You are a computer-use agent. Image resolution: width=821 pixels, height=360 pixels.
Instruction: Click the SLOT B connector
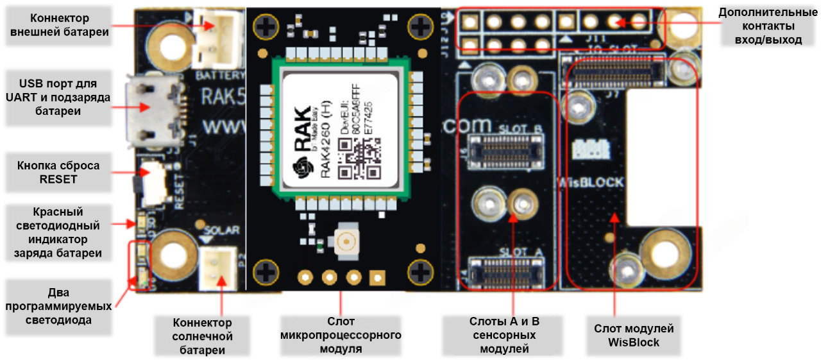tap(504, 150)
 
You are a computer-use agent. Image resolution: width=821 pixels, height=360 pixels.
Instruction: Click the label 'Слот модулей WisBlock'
tap(634, 336)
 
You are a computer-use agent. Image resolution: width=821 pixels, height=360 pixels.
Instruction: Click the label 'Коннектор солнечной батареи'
tap(201, 336)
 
